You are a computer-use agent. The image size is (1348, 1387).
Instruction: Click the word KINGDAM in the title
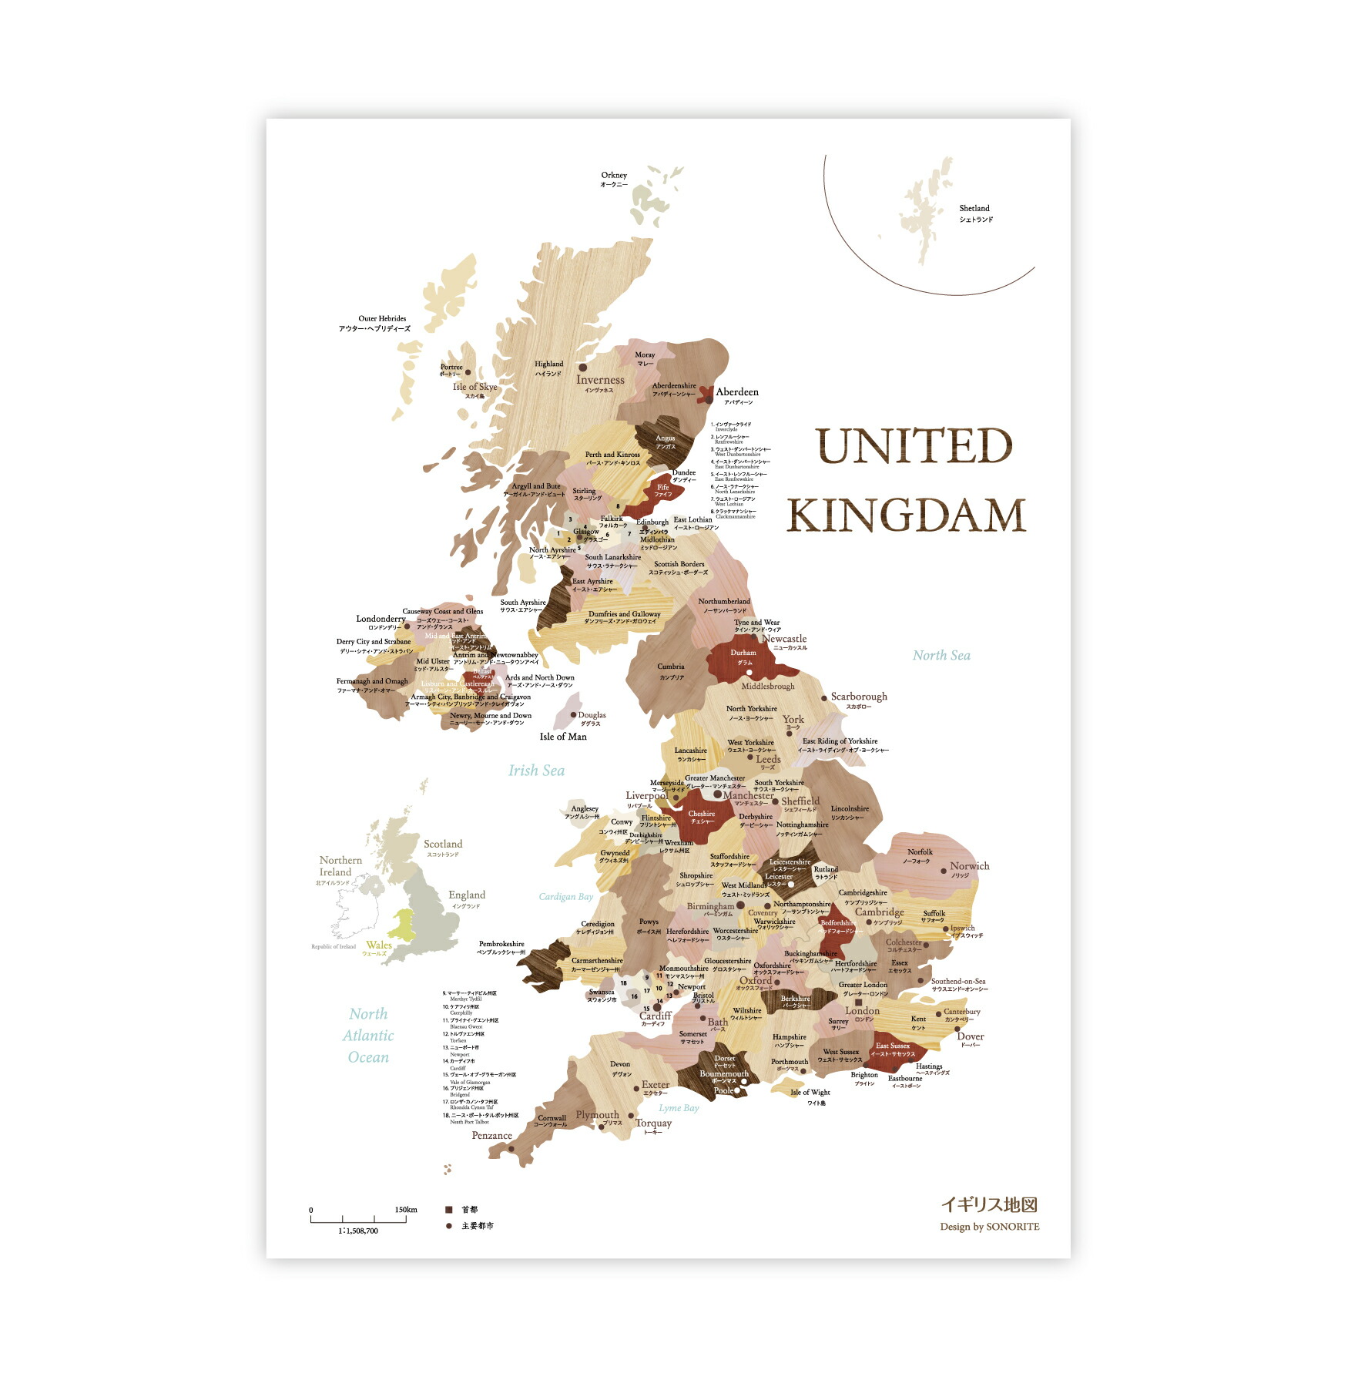pyautogui.click(x=906, y=516)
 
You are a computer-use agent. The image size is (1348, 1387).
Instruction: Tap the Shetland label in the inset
pyautogui.click(x=974, y=209)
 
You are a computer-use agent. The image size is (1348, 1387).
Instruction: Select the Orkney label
pyautogui.click(x=614, y=176)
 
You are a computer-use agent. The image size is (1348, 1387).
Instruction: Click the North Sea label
pyautogui.click(x=941, y=656)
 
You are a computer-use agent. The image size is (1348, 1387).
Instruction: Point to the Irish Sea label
pyautogui.click(x=536, y=771)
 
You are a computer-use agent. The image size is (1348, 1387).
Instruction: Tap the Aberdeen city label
pyautogui.click(x=737, y=392)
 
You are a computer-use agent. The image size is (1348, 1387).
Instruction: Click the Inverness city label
pyautogui.click(x=600, y=380)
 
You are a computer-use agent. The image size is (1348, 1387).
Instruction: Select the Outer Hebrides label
pyautogui.click(x=382, y=318)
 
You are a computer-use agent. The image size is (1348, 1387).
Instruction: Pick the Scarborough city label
pyautogui.click(x=859, y=697)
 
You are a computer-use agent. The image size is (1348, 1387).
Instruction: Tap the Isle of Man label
pyautogui.click(x=563, y=737)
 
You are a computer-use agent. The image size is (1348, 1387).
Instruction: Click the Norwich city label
pyautogui.click(x=970, y=866)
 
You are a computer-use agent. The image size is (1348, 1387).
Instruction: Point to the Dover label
pyautogui.click(x=971, y=1036)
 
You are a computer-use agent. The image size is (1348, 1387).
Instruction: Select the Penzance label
pyautogui.click(x=491, y=1135)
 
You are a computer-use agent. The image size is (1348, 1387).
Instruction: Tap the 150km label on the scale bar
pyautogui.click(x=406, y=1210)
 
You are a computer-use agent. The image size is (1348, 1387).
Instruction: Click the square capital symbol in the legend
pyautogui.click(x=449, y=1211)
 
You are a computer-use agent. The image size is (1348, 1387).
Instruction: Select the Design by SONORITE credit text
pyautogui.click(x=989, y=1227)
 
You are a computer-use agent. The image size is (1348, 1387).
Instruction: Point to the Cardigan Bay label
pyautogui.click(x=566, y=897)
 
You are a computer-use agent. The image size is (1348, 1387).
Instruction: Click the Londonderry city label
pyautogui.click(x=381, y=619)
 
